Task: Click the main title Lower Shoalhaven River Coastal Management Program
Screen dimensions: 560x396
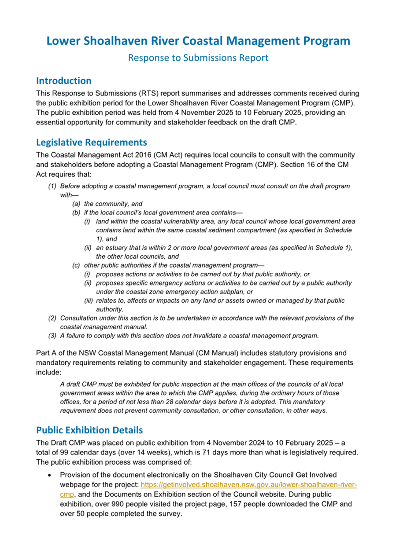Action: (198, 41)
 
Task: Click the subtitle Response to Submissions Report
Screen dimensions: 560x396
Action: (198, 58)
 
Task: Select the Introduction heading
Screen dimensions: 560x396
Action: (63, 81)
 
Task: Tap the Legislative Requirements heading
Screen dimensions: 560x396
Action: (92, 142)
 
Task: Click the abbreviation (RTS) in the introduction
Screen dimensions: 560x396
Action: (129, 93)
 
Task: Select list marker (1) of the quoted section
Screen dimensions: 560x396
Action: (52, 186)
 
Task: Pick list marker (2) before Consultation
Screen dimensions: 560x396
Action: (52, 318)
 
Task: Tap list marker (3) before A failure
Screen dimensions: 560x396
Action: (52, 336)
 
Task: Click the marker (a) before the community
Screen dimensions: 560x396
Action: (76, 204)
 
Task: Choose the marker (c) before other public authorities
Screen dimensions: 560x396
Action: (76, 265)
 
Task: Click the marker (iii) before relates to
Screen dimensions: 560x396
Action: (89, 300)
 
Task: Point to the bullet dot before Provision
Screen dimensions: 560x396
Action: (52, 475)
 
